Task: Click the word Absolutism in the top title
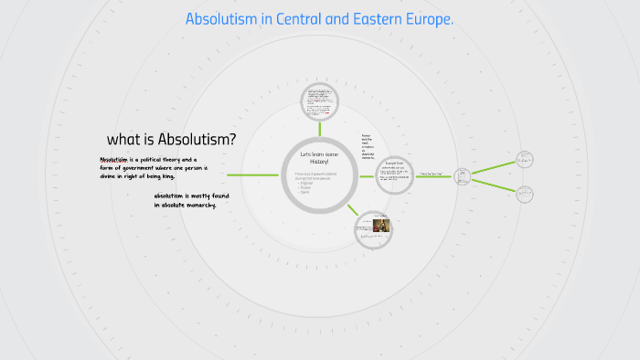(221, 19)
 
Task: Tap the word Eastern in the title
(366, 19)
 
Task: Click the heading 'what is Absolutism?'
(171, 140)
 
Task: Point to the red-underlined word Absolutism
(114, 159)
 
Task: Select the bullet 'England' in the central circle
(306, 183)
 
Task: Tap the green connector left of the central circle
(252, 175)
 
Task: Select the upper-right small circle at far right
(525, 158)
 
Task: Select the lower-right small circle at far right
(525, 194)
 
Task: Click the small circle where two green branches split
(462, 175)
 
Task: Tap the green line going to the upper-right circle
(494, 166)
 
